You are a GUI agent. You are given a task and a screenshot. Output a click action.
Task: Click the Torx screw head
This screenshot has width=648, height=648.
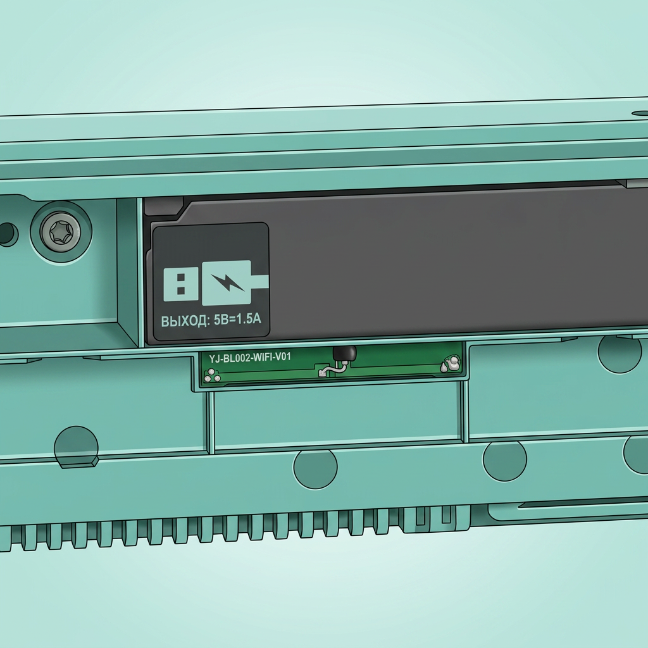(61, 232)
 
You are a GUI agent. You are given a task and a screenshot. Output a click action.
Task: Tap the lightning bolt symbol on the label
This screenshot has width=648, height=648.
(228, 282)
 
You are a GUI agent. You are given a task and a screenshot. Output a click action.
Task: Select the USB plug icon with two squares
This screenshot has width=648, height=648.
(180, 284)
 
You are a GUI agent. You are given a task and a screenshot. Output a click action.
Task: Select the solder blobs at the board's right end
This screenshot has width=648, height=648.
(450, 364)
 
